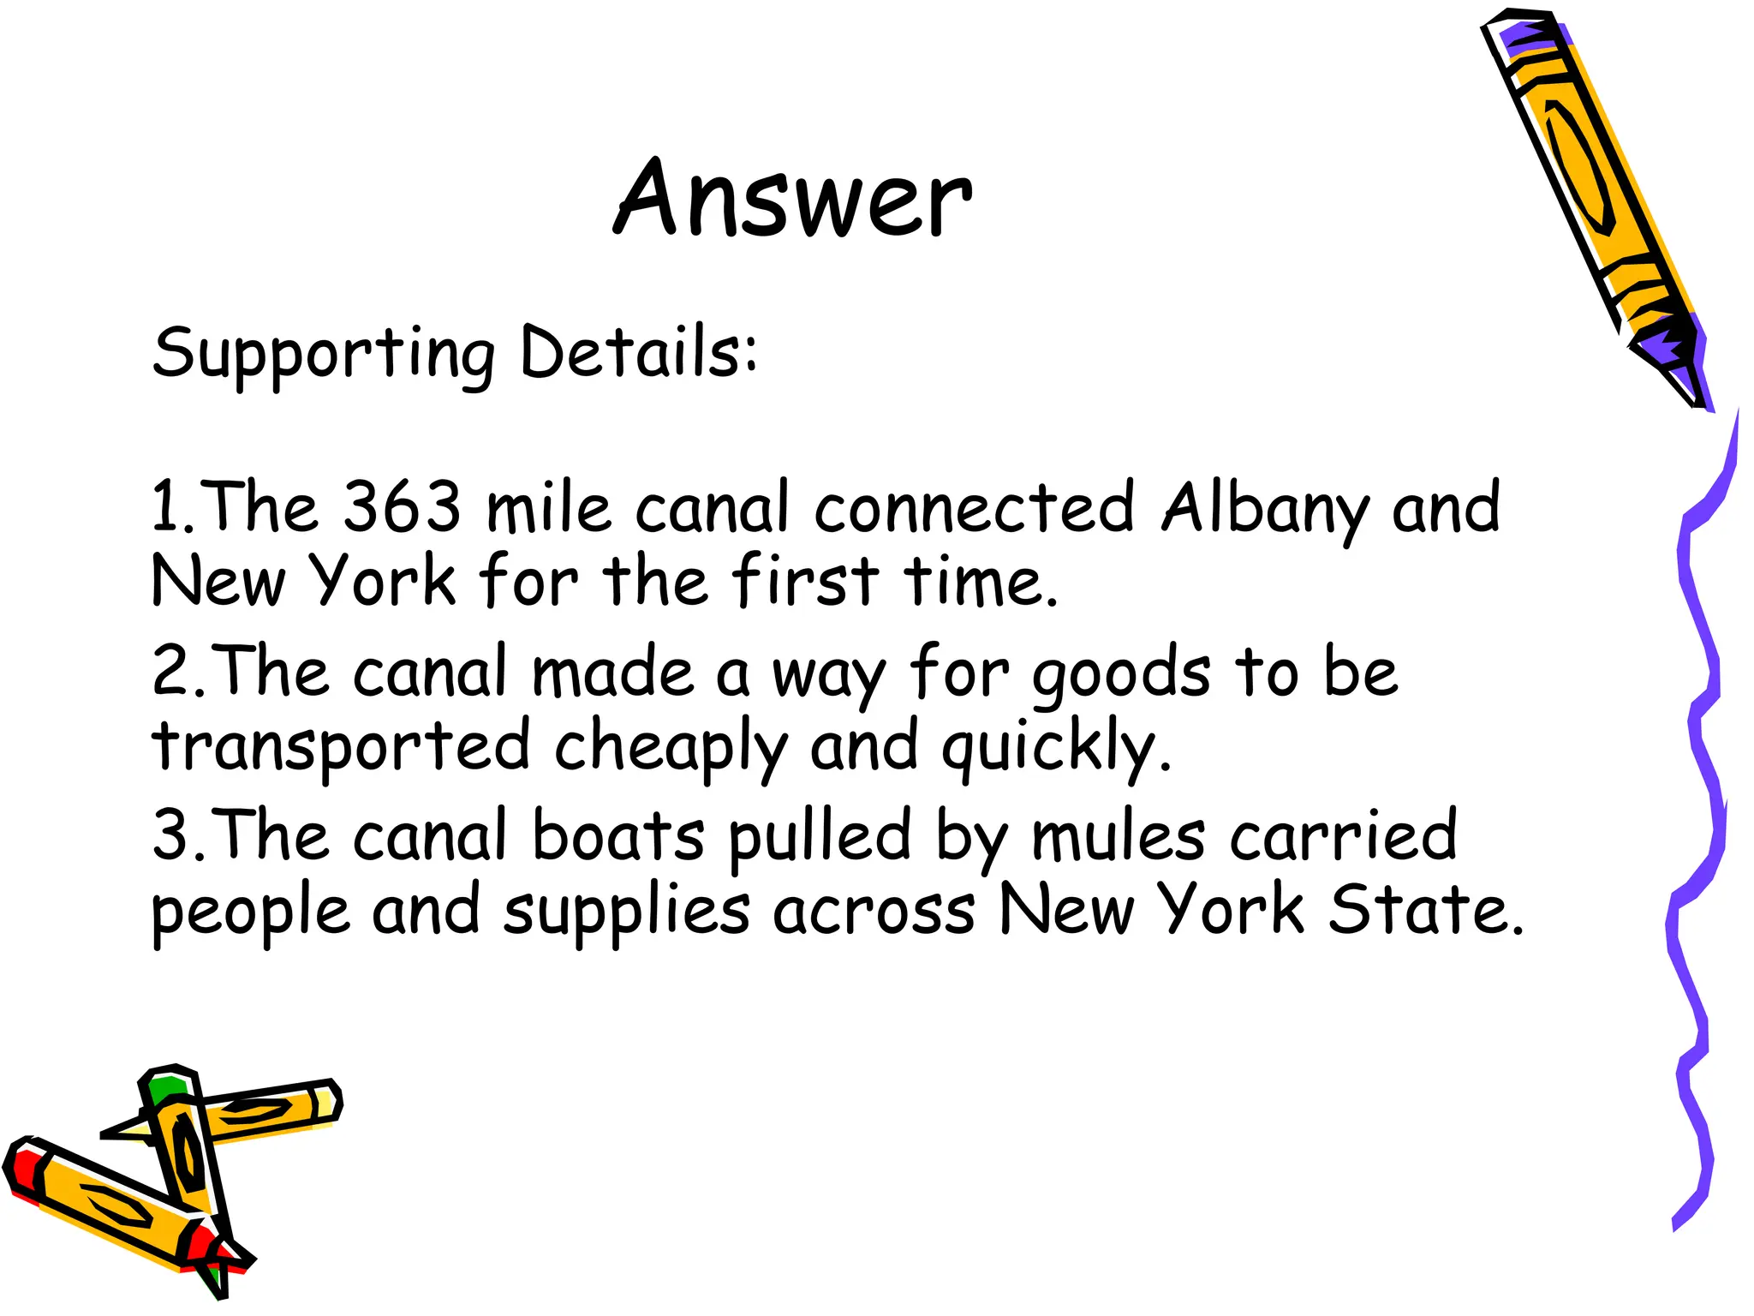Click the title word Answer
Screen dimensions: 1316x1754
[x=792, y=199]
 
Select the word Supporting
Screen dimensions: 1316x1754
[x=324, y=354]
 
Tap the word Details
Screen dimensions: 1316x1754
[x=638, y=351]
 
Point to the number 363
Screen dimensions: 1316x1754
[x=402, y=506]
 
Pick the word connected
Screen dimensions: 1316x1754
[x=974, y=506]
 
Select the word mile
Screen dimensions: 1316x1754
[x=548, y=506]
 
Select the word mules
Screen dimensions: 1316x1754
[x=1119, y=835]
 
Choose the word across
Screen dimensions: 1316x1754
[x=874, y=910]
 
